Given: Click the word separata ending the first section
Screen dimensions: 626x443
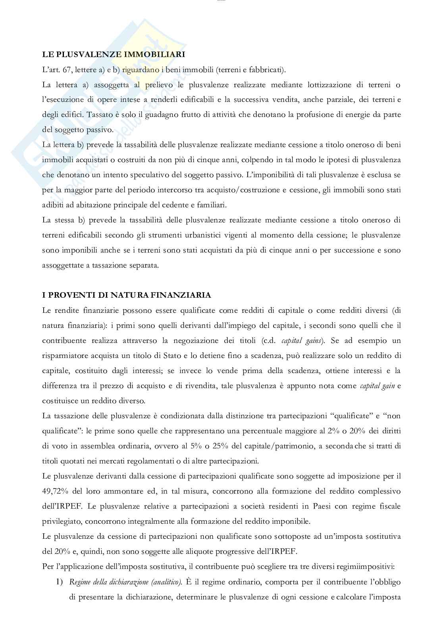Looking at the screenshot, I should click(x=144, y=265).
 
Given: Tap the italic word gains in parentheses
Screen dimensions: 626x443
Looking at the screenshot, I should click(x=313, y=341).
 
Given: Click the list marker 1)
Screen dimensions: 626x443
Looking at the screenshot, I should click(x=59, y=582).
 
